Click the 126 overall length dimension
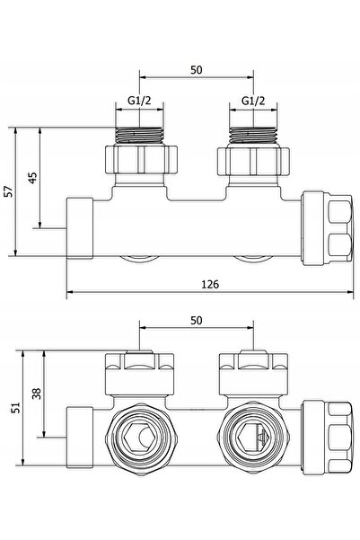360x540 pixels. click(x=210, y=285)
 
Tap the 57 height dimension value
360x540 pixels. click(x=9, y=191)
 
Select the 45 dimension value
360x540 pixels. click(x=32, y=178)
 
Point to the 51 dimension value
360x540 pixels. click(x=16, y=408)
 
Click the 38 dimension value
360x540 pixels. click(x=37, y=394)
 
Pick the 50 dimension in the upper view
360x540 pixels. click(x=197, y=70)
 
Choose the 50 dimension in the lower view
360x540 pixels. click(x=197, y=321)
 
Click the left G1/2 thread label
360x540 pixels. click(x=139, y=101)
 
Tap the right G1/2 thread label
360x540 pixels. click(x=253, y=101)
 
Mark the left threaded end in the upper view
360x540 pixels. click(x=139, y=136)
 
